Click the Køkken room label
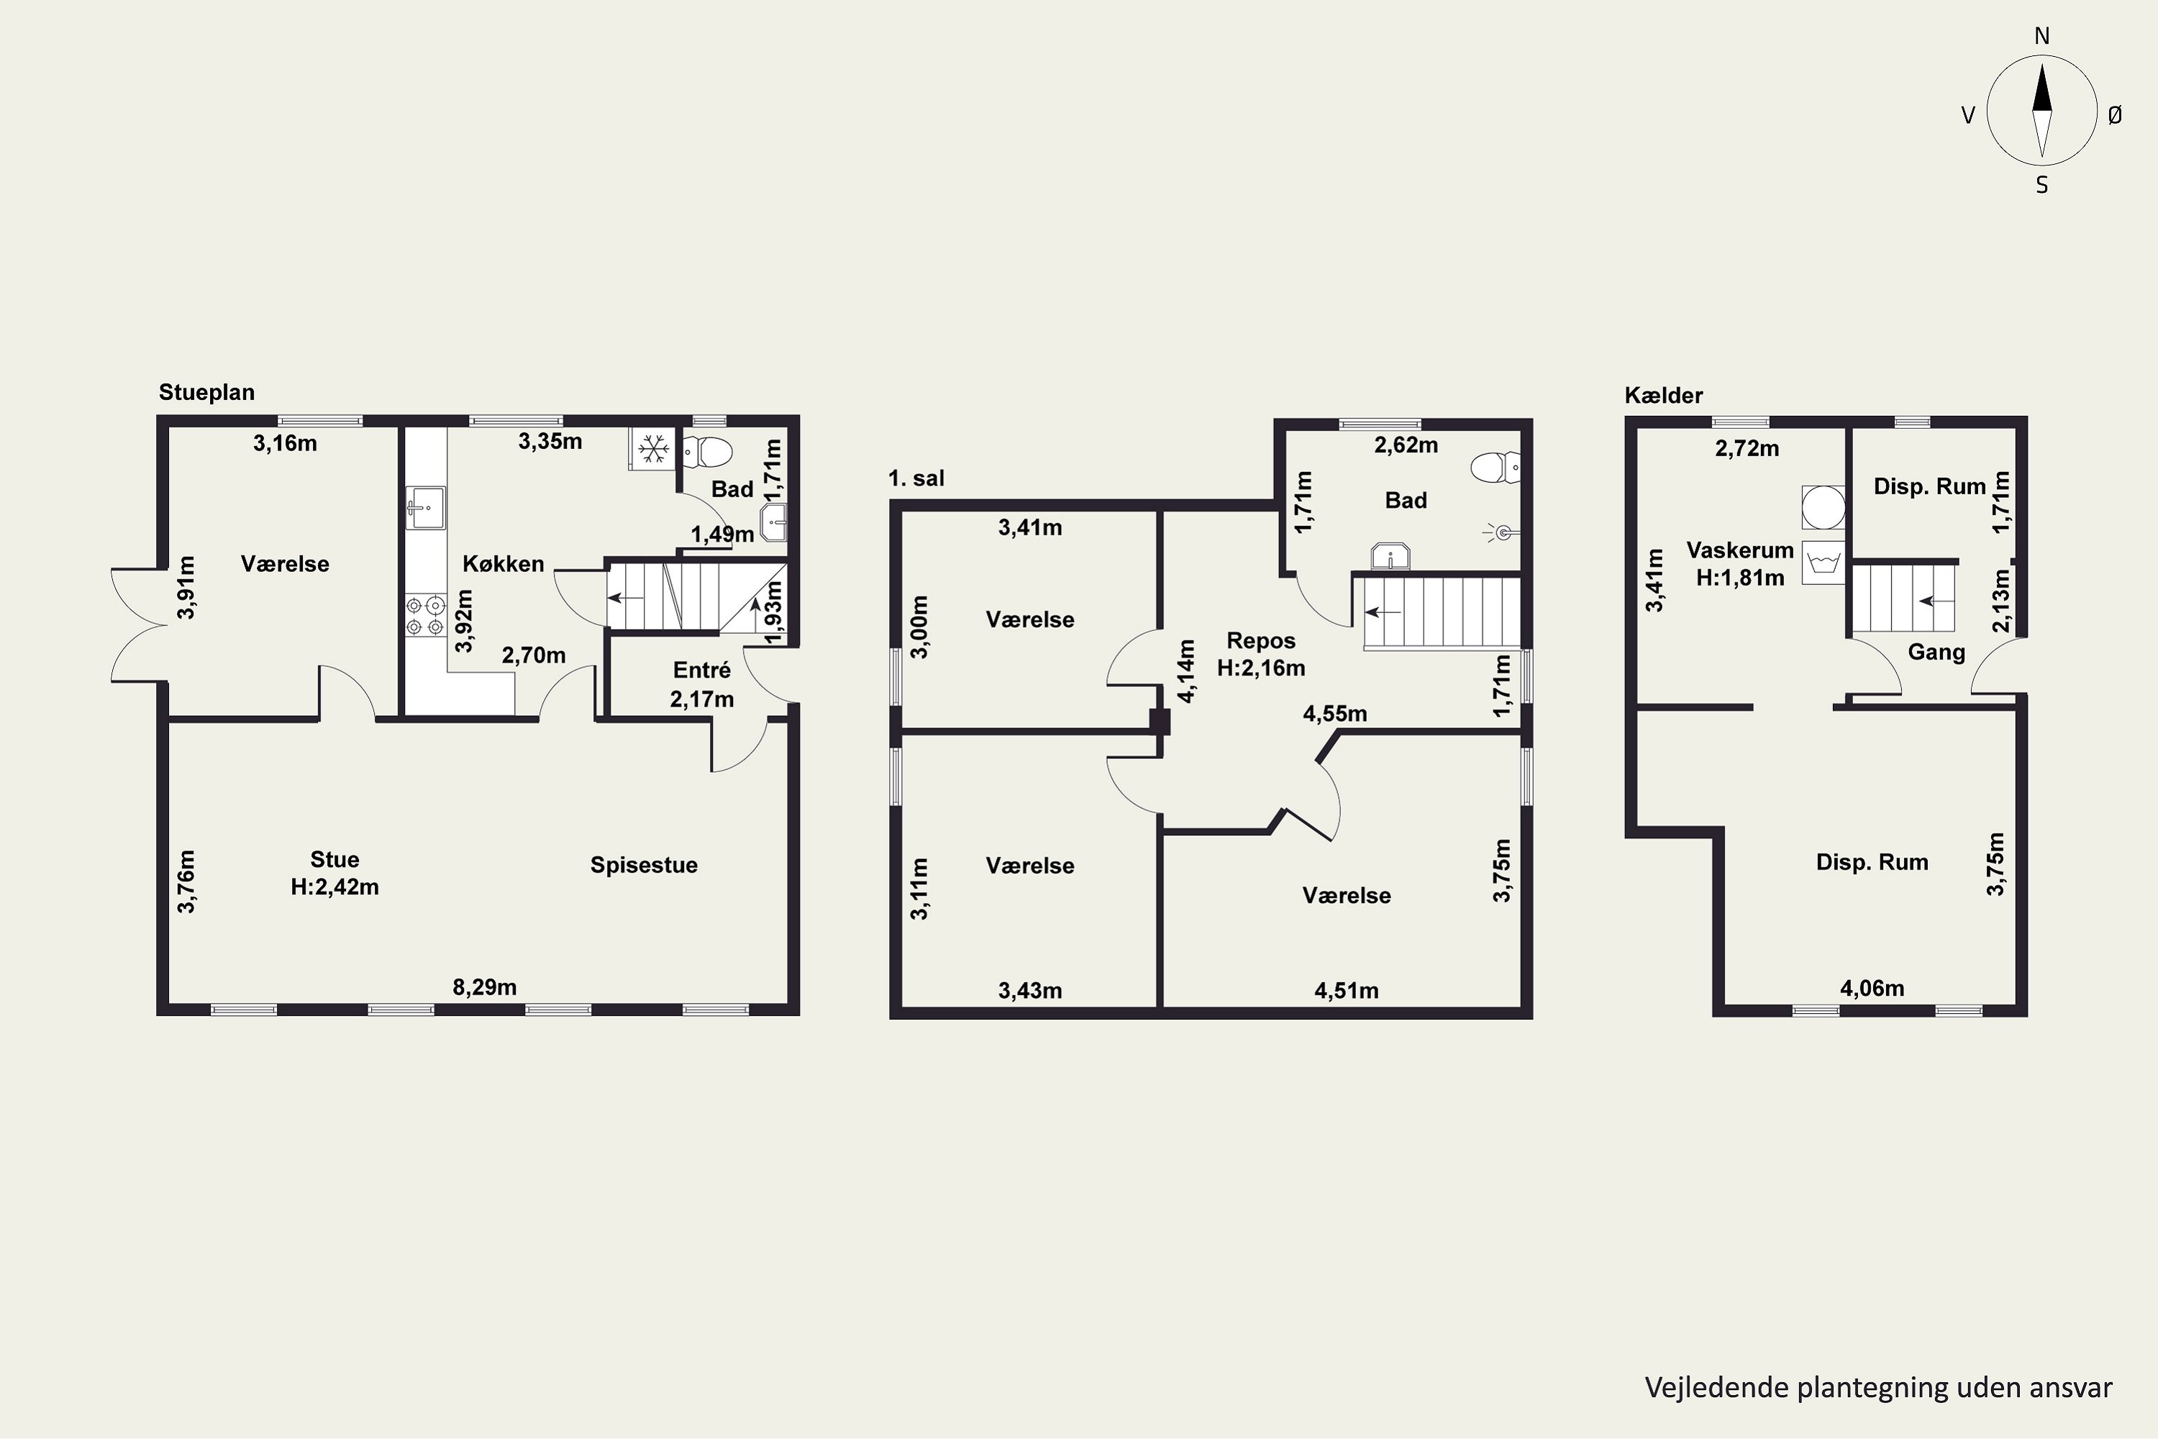[x=503, y=563]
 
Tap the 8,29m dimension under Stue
[x=484, y=987]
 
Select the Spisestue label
[x=643, y=866]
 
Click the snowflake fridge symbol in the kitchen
[x=652, y=449]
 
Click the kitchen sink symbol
[x=426, y=507]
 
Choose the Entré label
[x=702, y=670]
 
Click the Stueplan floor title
[x=206, y=393]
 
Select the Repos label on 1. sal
[x=1262, y=640]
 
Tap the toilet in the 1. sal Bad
[x=1495, y=467]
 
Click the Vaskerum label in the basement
[x=1739, y=550]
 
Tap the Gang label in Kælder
[x=1936, y=653]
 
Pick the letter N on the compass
[x=2041, y=36]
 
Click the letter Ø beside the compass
[x=2115, y=114]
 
